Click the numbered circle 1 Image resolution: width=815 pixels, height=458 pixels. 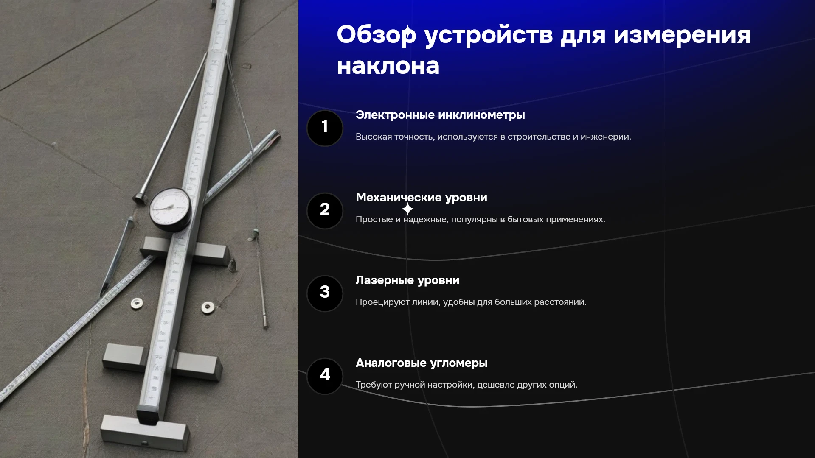tap(325, 128)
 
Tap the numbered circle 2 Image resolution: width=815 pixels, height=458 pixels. tap(325, 211)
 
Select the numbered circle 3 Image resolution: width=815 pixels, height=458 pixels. tap(325, 293)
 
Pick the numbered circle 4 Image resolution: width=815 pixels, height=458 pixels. tap(325, 376)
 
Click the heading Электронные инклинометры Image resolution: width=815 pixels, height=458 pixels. tap(440, 115)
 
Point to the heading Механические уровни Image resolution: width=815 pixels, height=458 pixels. tap(422, 198)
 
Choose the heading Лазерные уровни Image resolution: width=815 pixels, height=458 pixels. tap(407, 280)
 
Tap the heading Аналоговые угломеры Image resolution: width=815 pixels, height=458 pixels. tap(422, 363)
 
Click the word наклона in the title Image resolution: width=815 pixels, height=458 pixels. tap(388, 67)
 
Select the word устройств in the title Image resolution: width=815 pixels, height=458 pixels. tap(488, 35)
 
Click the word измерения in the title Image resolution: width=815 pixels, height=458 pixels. tap(682, 35)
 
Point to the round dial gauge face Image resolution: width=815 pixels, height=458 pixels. tap(170, 208)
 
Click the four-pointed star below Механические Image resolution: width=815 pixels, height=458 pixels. tap(407, 209)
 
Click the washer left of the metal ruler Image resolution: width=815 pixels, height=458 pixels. tap(137, 303)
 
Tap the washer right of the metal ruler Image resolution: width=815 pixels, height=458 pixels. tap(208, 307)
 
